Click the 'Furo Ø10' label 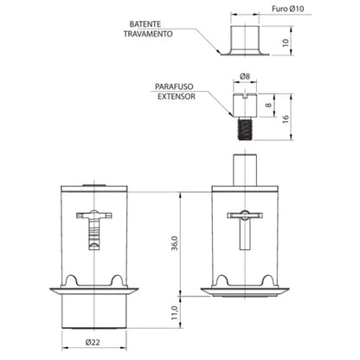(x=287, y=9)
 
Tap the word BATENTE (x=145, y=24)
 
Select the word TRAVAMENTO (x=148, y=34)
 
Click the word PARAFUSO (x=174, y=87)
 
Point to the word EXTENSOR (x=177, y=96)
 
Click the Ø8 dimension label (x=245, y=76)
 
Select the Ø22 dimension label (x=93, y=343)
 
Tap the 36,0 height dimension (x=175, y=243)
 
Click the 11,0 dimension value (x=175, y=312)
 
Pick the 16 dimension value (x=286, y=119)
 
